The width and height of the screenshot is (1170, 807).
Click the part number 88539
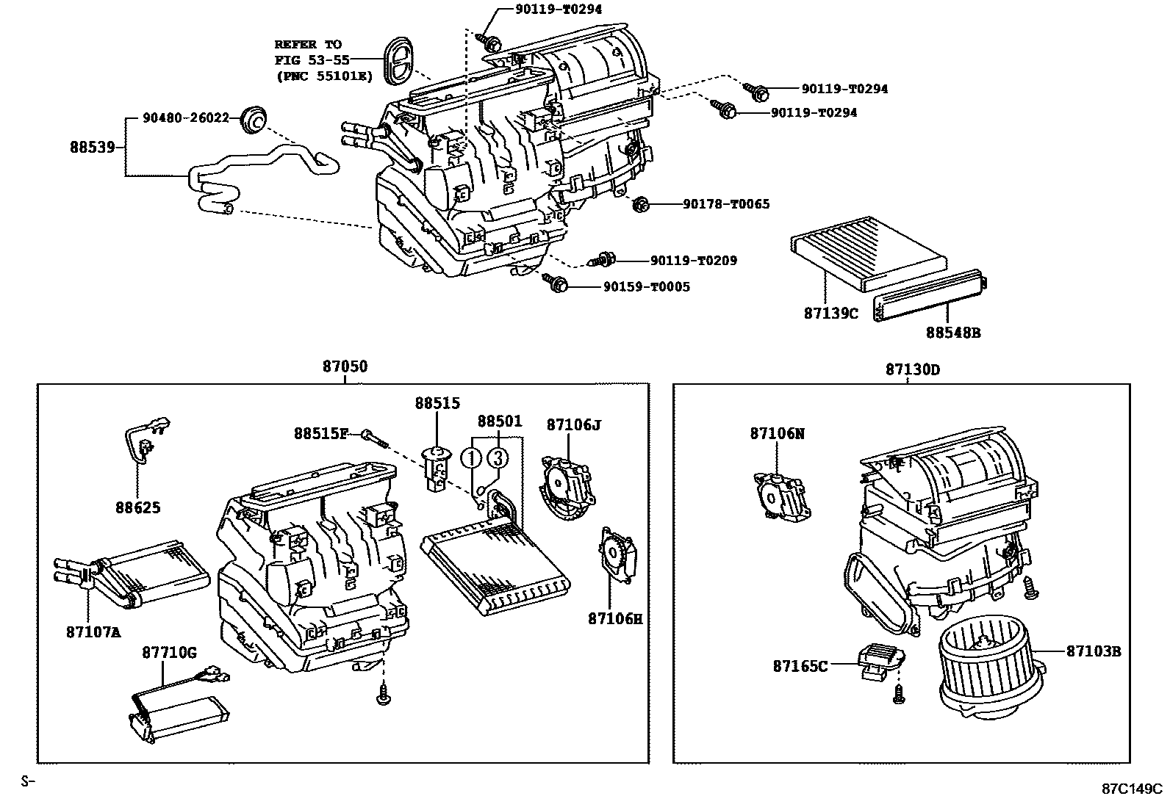[92, 147]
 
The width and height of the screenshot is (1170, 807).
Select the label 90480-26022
[186, 117]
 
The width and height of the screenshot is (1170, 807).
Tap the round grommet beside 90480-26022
[255, 118]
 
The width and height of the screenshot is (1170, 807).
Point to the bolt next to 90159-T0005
[555, 282]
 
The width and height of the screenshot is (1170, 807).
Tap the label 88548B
[952, 333]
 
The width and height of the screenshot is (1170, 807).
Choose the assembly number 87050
[343, 367]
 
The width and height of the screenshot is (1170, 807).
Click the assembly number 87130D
[911, 369]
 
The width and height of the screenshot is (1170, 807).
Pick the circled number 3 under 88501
[498, 458]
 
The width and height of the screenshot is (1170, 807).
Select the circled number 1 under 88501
[471, 458]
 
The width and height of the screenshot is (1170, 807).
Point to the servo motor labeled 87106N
[779, 496]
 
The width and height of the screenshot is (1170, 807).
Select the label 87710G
[169, 653]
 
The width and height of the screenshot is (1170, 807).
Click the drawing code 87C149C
[1131, 789]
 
